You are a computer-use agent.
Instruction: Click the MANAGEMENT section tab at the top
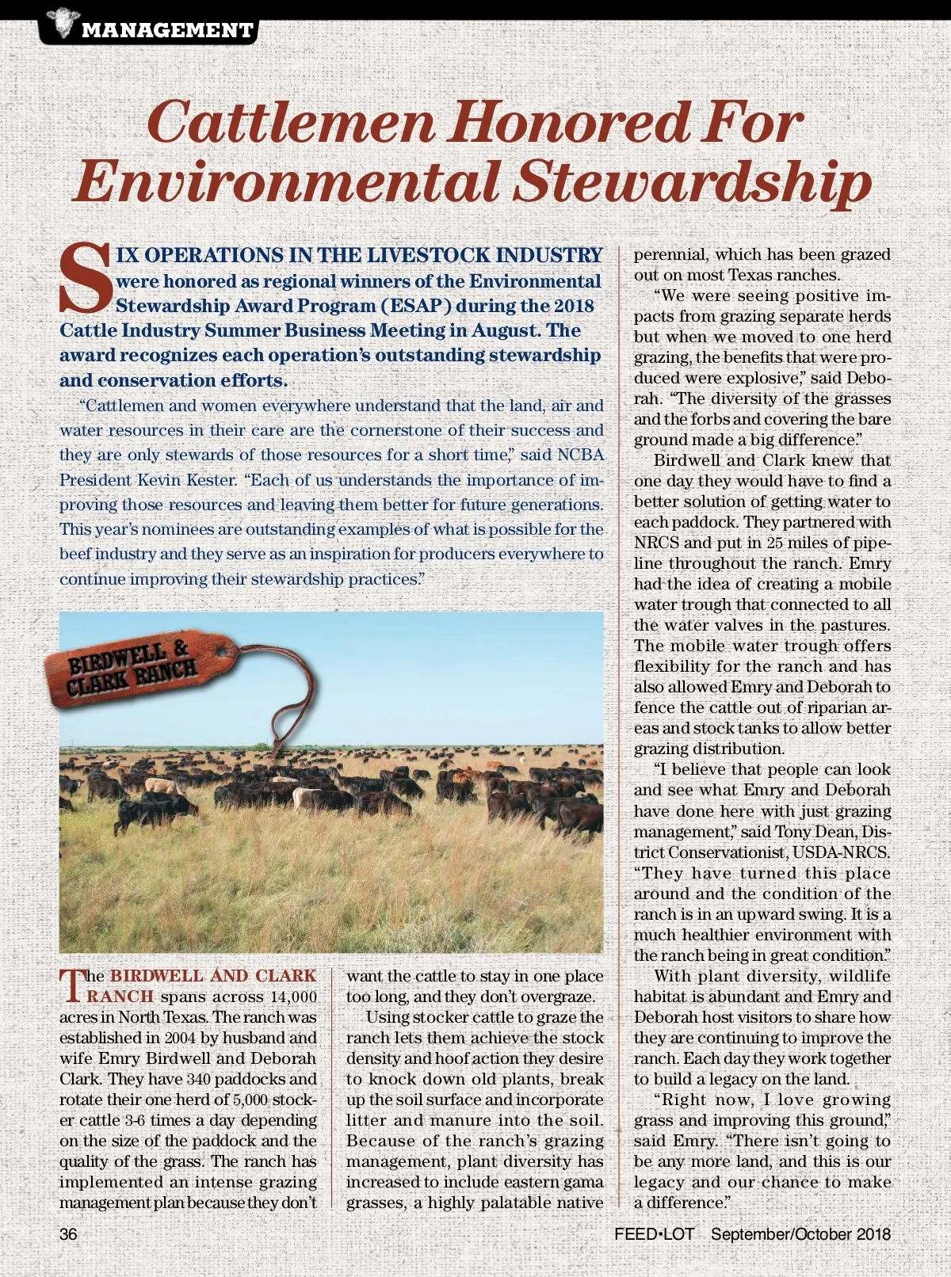coord(167,31)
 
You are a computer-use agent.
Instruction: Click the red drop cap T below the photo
coord(71,985)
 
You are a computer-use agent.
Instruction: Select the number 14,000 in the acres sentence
coord(293,997)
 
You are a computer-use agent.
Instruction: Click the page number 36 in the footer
coord(68,1234)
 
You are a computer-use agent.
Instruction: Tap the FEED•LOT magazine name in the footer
coord(654,1234)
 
